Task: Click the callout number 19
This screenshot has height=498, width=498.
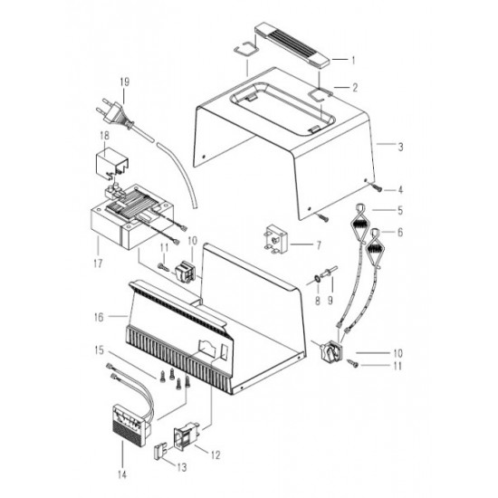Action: pos(125,81)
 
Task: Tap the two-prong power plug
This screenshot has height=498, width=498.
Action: pos(114,115)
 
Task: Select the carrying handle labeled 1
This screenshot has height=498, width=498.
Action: pos(292,44)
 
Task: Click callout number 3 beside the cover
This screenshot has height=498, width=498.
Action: pos(400,147)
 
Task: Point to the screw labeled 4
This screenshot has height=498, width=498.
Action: pos(377,188)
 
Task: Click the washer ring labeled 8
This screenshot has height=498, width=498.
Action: pos(317,279)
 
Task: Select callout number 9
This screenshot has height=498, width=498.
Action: pos(330,300)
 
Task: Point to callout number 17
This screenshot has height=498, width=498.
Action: pos(98,263)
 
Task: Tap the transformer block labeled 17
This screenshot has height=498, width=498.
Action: pos(132,216)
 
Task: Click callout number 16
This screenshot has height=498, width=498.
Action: pos(99,317)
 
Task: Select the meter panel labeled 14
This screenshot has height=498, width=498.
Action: pos(132,425)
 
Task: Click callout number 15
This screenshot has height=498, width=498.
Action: pos(99,350)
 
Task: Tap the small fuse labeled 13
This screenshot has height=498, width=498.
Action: pos(159,452)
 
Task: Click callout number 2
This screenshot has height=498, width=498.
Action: pos(355,87)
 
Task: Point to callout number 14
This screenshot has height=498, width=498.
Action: pos(122,474)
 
